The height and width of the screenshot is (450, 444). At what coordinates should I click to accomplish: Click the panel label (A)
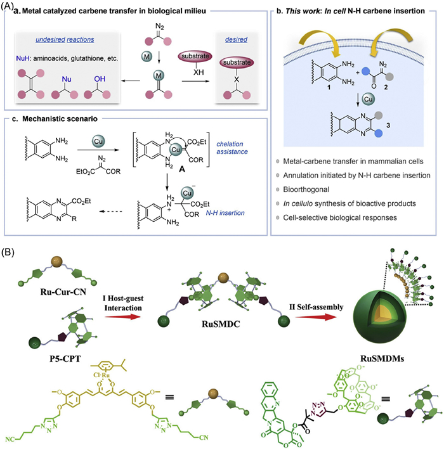(10, 6)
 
